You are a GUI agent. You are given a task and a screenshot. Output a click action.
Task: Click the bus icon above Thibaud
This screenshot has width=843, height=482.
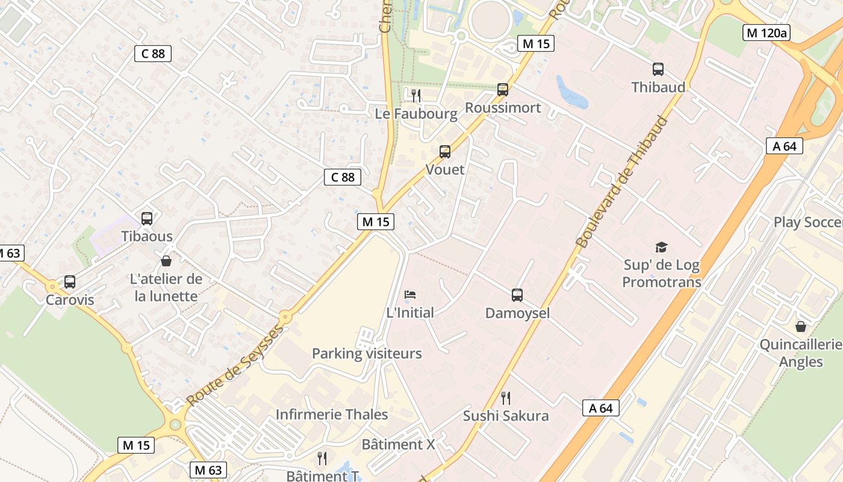coord(658,69)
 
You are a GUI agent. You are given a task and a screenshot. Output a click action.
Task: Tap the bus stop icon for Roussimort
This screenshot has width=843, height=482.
coord(503,90)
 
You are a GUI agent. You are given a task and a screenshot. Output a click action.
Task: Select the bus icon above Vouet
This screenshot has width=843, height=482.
coord(445,152)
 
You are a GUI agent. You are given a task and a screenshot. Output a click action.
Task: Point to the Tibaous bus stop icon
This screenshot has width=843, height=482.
coord(147,219)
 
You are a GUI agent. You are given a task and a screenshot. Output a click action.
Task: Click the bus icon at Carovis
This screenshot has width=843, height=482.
coord(70,282)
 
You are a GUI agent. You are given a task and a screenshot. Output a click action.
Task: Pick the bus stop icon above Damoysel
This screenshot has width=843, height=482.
coord(517,295)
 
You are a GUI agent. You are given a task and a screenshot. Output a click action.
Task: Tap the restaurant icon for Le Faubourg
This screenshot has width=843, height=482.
coord(415,95)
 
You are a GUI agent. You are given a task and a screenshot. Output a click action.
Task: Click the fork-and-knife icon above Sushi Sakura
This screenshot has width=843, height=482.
coord(506,398)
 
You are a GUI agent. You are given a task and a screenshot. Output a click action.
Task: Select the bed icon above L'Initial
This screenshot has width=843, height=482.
coord(410,295)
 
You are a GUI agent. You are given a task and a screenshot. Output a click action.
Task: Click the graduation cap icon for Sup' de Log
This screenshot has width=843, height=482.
coord(662,247)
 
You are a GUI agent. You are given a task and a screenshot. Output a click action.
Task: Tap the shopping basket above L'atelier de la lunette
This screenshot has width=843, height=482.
coord(166,261)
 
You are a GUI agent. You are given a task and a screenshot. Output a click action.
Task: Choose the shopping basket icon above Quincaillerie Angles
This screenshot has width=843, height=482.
coord(801,327)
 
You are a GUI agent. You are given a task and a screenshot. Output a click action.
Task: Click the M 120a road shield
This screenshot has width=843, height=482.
coord(766,33)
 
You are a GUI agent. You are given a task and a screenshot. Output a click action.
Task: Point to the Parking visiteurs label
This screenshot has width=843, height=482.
coord(367,354)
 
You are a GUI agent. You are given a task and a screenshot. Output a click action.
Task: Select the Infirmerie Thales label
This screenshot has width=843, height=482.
coord(332,415)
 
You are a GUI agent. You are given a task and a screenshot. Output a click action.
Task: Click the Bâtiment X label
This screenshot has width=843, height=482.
coord(398,445)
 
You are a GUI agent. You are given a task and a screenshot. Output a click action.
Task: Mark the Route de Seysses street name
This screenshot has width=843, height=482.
coord(235,366)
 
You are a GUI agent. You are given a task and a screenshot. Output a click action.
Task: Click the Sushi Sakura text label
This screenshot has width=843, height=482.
coord(506,416)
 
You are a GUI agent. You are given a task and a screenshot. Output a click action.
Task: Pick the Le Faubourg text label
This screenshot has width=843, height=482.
coord(416,113)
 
